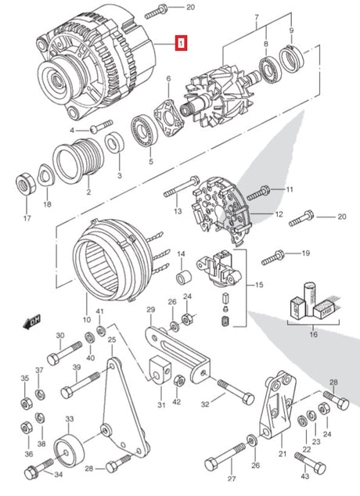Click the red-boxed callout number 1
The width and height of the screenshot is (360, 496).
(x=181, y=44)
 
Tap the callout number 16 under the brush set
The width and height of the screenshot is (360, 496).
(x=314, y=335)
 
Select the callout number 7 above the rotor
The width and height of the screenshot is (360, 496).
(x=256, y=17)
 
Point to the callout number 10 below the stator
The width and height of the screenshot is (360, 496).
(x=87, y=321)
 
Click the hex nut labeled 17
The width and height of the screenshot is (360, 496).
(x=24, y=185)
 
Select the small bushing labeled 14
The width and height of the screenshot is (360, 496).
(x=182, y=278)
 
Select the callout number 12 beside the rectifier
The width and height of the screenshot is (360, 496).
(x=279, y=214)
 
